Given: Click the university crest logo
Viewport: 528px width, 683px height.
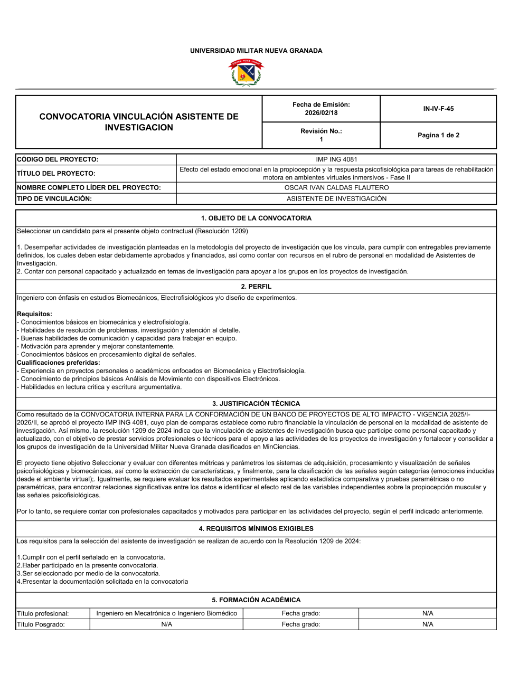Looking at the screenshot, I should pyautogui.click(x=246, y=72).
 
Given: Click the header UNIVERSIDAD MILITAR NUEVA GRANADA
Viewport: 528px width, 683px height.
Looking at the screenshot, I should pyautogui.click(x=256, y=51).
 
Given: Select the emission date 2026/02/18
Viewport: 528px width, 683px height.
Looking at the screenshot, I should pyautogui.click(x=321, y=113).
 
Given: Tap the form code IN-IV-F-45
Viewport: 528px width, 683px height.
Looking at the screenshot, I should pyautogui.click(x=438, y=109).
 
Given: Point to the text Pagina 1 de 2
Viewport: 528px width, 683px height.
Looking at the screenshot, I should pyautogui.click(x=438, y=135).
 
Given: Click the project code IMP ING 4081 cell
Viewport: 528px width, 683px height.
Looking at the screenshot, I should pyautogui.click(x=336, y=159).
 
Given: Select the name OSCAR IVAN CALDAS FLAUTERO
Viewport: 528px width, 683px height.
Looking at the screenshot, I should pyautogui.click(x=336, y=188).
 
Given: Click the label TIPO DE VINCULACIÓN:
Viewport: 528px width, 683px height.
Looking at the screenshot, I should pyautogui.click(x=54, y=199).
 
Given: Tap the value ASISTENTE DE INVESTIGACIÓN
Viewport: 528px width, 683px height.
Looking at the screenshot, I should pyautogui.click(x=336, y=199).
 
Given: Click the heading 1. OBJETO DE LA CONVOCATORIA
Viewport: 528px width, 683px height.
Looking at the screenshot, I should pyautogui.click(x=256, y=218).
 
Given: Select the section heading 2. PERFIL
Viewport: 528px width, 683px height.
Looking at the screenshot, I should pyautogui.click(x=256, y=287).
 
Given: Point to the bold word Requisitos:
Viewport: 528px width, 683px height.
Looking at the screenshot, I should pyautogui.click(x=34, y=314).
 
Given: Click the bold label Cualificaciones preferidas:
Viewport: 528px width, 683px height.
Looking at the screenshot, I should pyautogui.click(x=59, y=363).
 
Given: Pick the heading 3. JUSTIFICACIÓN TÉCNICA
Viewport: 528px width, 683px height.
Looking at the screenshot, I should pyautogui.click(x=256, y=404).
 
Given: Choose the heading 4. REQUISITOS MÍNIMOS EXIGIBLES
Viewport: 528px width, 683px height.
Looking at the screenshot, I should pyautogui.click(x=256, y=529).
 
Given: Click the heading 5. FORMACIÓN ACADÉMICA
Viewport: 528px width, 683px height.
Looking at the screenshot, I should pyautogui.click(x=256, y=600).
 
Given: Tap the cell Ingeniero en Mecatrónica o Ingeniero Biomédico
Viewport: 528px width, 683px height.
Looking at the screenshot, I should pyautogui.click(x=166, y=613).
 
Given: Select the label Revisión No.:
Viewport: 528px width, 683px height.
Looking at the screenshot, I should pyautogui.click(x=321, y=131).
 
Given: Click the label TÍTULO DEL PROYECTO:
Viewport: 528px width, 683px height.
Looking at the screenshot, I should pyautogui.click(x=56, y=174).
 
